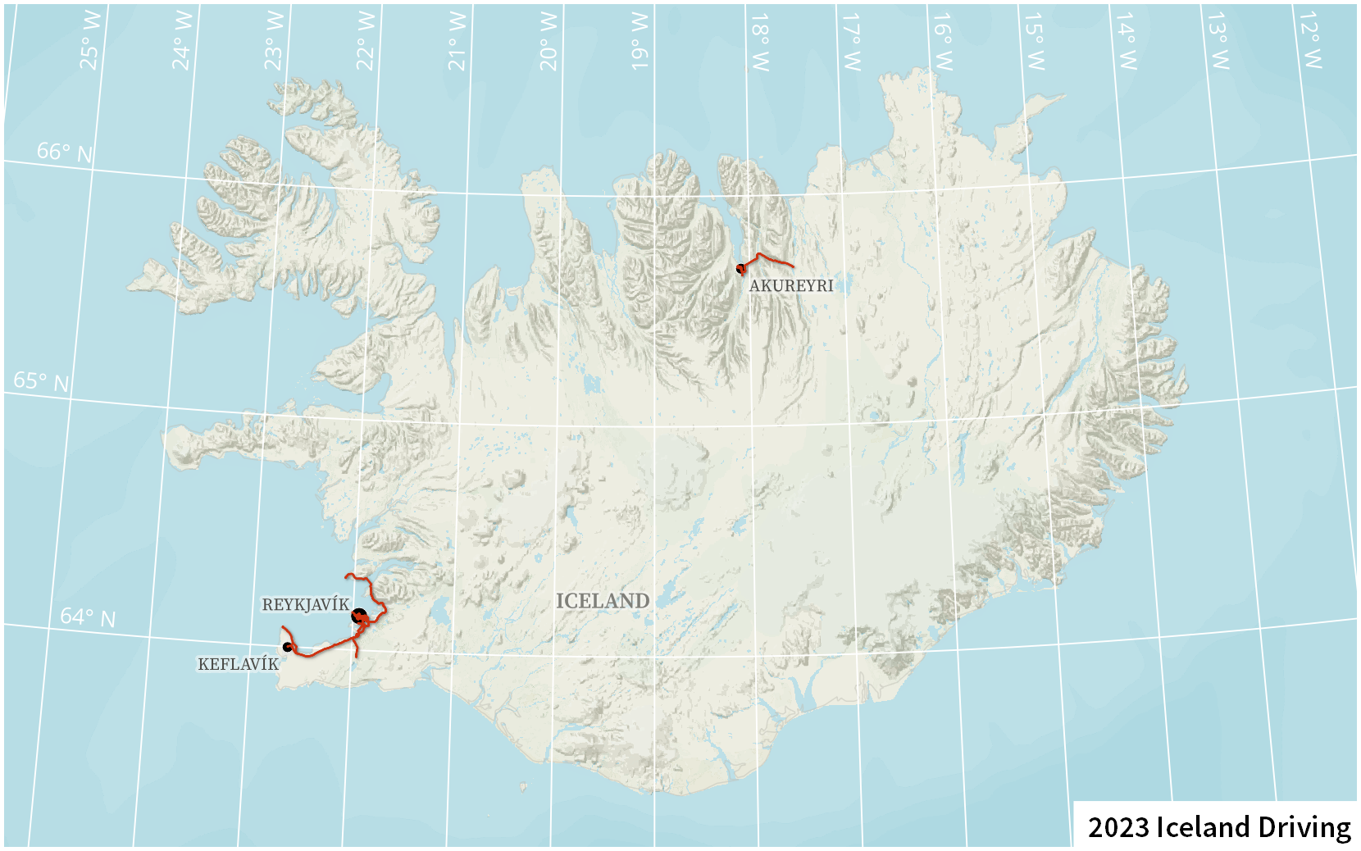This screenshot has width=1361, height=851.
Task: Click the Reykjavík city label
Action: (305, 605)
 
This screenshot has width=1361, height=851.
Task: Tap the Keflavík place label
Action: (238, 664)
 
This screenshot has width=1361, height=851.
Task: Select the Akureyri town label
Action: (791, 285)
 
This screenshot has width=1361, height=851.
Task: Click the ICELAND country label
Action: (603, 601)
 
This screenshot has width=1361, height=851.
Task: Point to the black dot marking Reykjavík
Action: (358, 616)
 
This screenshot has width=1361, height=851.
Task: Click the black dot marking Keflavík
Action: (287, 647)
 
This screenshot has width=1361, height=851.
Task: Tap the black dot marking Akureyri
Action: (740, 268)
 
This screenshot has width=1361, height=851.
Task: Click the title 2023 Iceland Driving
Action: (1219, 826)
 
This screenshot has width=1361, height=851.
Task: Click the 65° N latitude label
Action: (41, 381)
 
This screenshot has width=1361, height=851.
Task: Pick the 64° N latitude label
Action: (88, 617)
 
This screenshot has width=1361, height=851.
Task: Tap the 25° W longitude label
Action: (90, 41)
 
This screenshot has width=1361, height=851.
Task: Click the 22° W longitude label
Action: (366, 41)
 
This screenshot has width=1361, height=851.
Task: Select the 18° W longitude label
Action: (759, 41)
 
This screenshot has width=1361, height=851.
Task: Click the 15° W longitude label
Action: (1034, 41)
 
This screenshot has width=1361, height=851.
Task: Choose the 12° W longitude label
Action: (1310, 41)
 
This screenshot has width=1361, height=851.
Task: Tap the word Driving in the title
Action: (1304, 826)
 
